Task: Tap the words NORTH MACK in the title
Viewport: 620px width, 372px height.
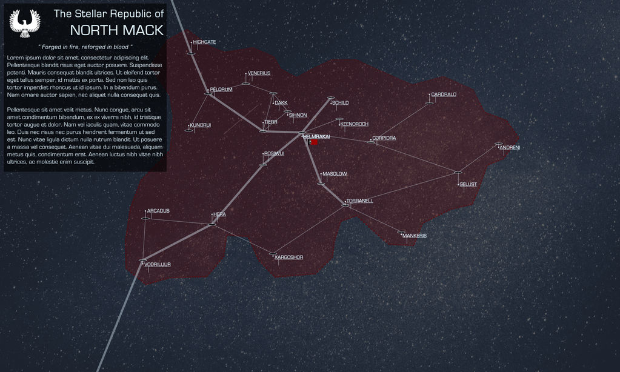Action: (116, 30)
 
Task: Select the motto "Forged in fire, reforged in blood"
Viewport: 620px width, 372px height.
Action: (85, 47)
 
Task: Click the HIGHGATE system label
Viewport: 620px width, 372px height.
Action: (204, 42)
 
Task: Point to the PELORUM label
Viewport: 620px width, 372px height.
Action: (221, 90)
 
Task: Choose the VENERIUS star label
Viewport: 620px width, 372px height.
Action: (259, 73)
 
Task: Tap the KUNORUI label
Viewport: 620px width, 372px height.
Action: (200, 125)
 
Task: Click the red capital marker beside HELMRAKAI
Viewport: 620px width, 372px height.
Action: (314, 143)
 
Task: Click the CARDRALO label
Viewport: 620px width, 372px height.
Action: (444, 95)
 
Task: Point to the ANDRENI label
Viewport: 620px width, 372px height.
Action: (510, 148)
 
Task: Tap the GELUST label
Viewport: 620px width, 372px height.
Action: (468, 184)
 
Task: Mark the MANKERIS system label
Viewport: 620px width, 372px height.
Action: (415, 236)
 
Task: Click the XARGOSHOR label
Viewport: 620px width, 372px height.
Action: (288, 257)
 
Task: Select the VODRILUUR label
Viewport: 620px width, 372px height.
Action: (158, 265)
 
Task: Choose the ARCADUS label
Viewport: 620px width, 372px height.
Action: (158, 211)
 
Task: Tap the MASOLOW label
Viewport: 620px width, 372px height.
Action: (335, 174)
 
